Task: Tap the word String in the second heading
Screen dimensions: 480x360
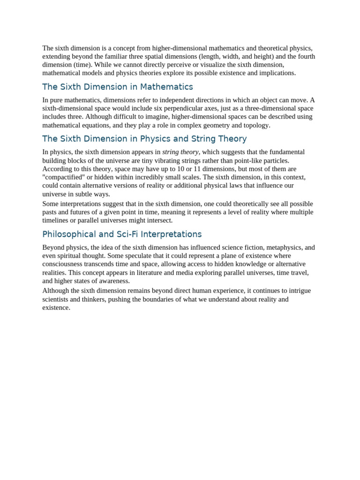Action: (x=197, y=139)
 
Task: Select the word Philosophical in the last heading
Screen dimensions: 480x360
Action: (x=68, y=234)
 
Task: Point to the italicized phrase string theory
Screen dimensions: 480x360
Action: (x=180, y=152)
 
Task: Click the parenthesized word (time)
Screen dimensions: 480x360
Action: (x=82, y=65)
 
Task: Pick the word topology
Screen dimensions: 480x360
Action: (x=256, y=125)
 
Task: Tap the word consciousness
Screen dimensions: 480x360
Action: (x=63, y=264)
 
